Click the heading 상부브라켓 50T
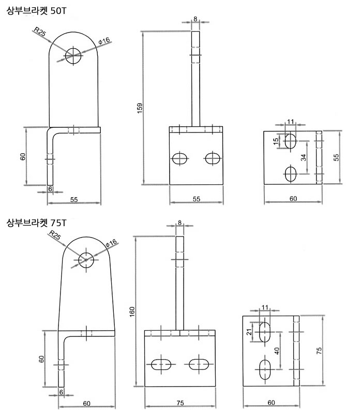pos(36,11)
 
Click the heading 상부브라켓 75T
pos(36,223)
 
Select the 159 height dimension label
pos(140,108)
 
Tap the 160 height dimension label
pos(132,312)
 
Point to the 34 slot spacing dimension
pos(304,158)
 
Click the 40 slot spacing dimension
pos(277,351)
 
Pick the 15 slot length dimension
pos(276,141)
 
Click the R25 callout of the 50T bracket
pos(40,32)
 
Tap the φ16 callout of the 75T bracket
pos(111,243)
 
